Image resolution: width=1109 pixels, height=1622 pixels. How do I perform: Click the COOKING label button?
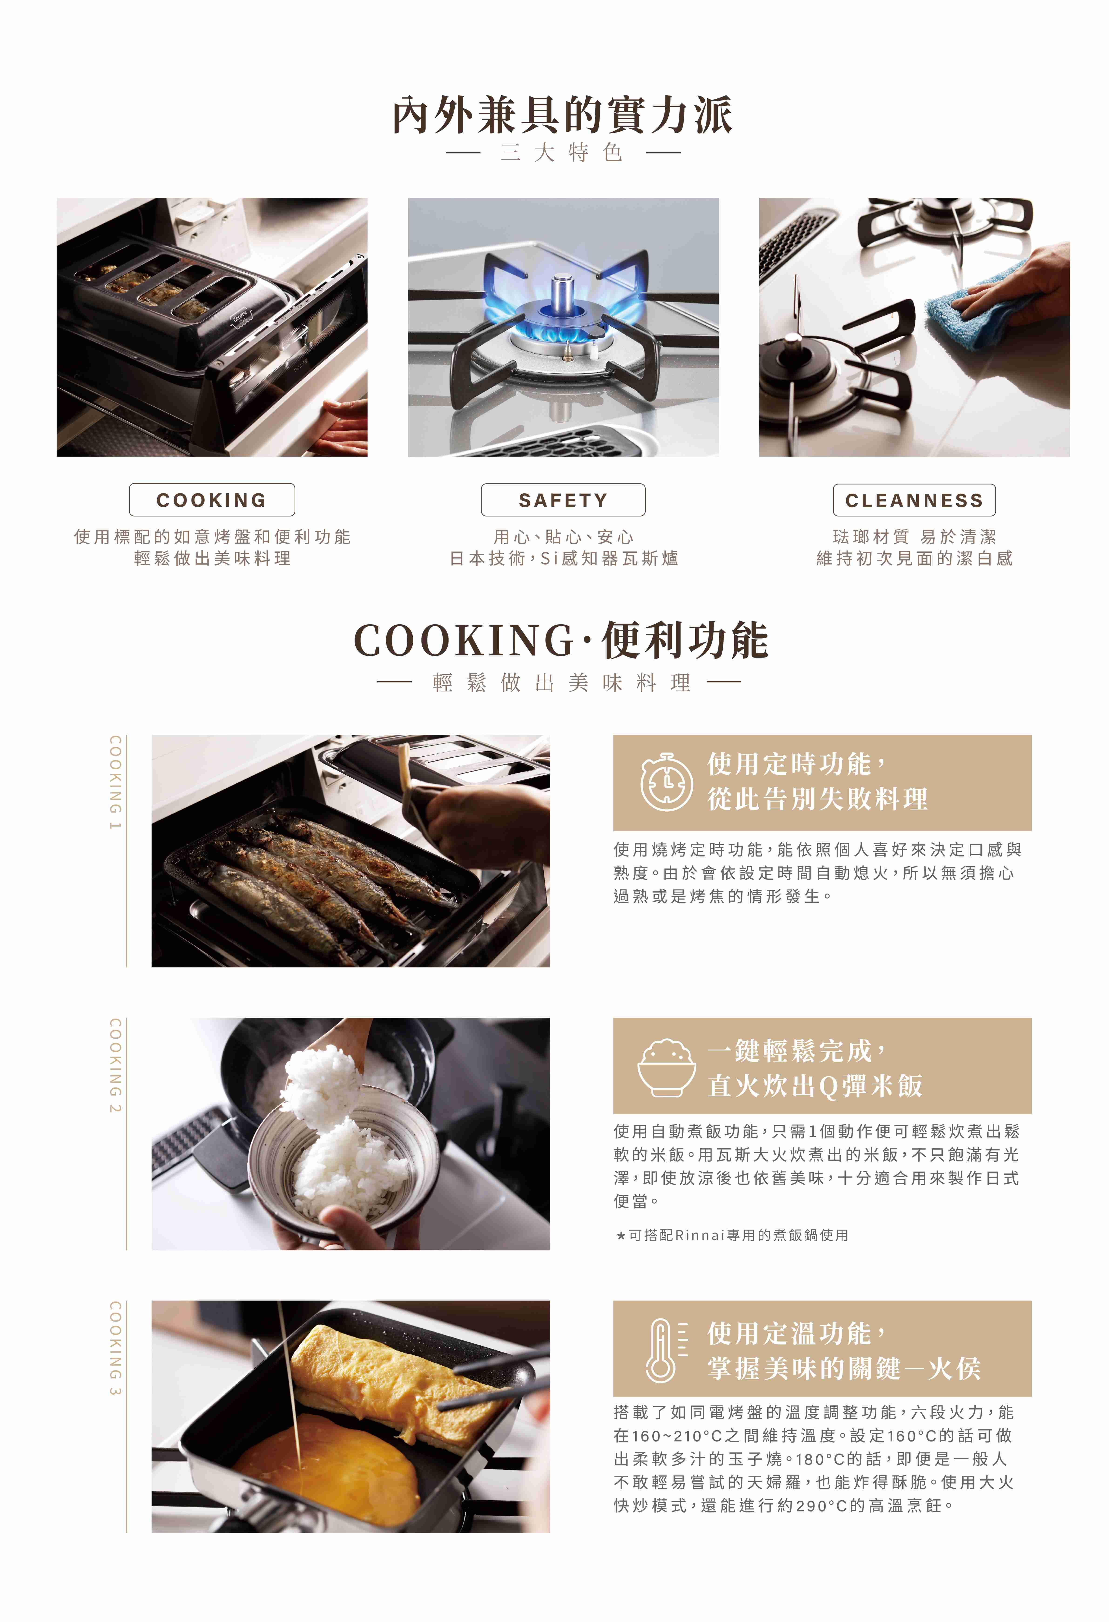point(212,500)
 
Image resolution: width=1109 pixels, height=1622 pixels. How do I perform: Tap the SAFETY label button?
point(563,500)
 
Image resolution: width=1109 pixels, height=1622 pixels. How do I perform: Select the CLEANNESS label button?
point(914,500)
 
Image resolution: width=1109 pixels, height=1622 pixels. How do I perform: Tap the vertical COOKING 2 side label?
point(115,1066)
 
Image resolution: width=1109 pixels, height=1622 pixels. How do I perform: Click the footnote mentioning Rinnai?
point(732,1235)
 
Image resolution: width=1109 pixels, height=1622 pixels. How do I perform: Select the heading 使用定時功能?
point(789,764)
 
